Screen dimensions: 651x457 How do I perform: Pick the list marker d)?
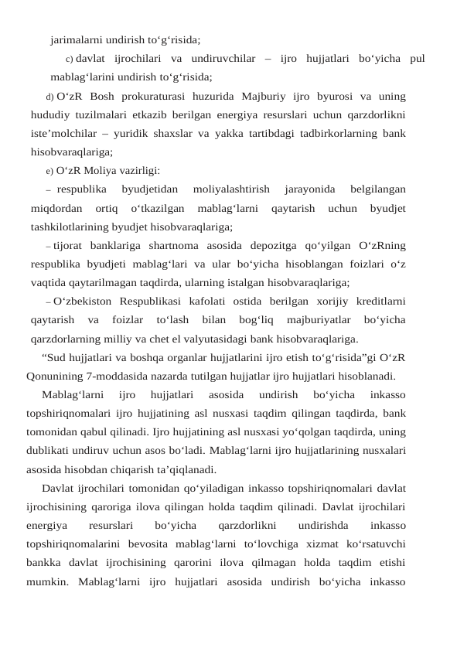pyautogui.click(x=50, y=97)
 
